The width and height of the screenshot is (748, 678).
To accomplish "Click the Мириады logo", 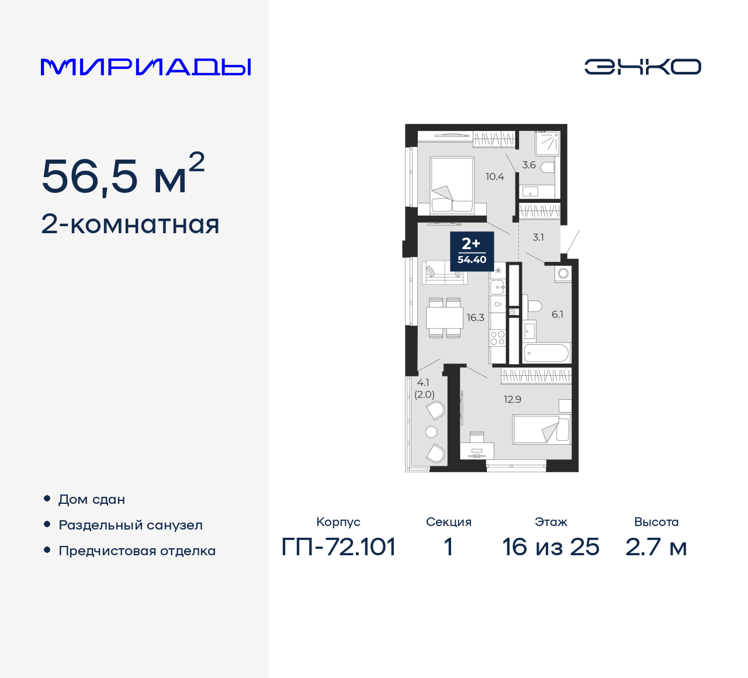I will tap(146, 67).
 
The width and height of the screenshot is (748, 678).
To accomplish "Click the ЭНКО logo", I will tap(642, 67).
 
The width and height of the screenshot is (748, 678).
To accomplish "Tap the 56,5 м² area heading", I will tap(123, 175).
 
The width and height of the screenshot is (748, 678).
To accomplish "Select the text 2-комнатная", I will tap(130, 224).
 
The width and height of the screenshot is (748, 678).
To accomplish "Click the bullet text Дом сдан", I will tap(92, 499).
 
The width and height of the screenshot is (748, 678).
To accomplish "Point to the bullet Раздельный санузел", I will tap(130, 525).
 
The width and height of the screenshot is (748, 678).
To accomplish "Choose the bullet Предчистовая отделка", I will tap(137, 551).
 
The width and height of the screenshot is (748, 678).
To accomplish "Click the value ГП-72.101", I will tap(338, 547).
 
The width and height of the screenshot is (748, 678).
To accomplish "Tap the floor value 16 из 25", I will tap(550, 547).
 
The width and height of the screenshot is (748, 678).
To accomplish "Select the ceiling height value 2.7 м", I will tap(656, 547).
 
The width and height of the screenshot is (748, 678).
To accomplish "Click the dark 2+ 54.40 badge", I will tap(472, 251).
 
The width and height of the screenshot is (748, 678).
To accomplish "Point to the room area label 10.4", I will tap(494, 177).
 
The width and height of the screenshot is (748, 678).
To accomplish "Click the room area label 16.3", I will tap(475, 317).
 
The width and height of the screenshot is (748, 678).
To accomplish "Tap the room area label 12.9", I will tap(512, 399).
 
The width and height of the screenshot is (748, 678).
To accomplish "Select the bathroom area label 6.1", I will tap(557, 314).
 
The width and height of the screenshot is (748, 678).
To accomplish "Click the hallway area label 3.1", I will tap(538, 237).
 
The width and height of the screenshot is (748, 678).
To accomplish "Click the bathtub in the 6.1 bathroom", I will tap(546, 353).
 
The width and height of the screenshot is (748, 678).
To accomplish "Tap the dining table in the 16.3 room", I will tap(445, 318).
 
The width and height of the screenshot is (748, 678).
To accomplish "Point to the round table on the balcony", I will tap(431, 432).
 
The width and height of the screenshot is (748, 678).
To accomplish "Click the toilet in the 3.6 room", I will tap(548, 168).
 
